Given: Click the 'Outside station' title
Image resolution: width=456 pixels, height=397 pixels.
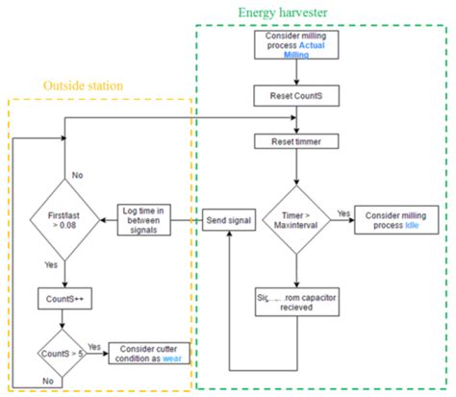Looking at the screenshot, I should (x=83, y=86).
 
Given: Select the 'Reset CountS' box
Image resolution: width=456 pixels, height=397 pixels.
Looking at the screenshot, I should (x=294, y=96).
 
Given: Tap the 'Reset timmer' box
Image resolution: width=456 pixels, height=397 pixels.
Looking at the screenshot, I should (x=294, y=141).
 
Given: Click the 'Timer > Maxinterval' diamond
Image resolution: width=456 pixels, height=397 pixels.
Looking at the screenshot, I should (x=294, y=221).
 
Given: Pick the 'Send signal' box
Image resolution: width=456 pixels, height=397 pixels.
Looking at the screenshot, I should (x=227, y=221).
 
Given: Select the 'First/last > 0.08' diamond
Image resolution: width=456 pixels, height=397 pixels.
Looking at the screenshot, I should (x=63, y=221).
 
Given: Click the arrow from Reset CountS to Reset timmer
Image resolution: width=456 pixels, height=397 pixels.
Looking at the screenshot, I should (x=294, y=119).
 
